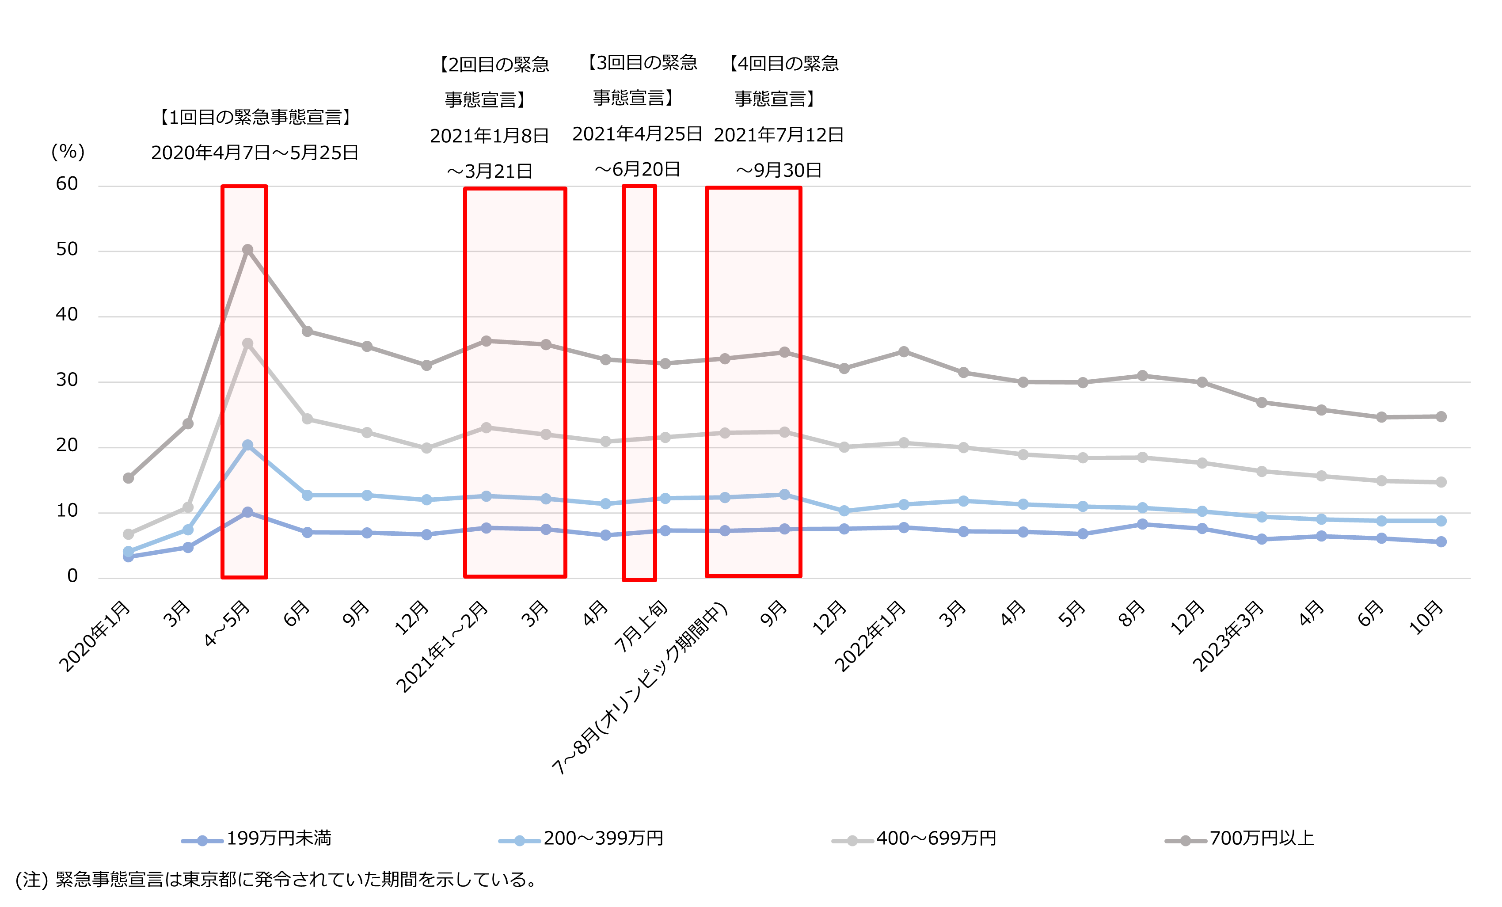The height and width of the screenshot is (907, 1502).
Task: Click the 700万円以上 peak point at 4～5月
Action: click(x=247, y=250)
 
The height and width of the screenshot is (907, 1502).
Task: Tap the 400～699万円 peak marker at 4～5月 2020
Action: click(x=247, y=344)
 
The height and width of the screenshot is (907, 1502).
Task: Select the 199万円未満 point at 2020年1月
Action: click(x=128, y=556)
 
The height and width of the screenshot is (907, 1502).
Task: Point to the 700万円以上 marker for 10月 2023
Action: click(x=1441, y=417)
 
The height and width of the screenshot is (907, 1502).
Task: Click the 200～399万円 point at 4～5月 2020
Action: click(x=247, y=446)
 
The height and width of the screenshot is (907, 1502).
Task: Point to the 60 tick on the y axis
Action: click(x=67, y=184)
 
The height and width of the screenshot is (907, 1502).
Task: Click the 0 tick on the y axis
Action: click(x=72, y=576)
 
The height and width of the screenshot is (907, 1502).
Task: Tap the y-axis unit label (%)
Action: click(x=68, y=152)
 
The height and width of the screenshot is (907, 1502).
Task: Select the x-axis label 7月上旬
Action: click(x=641, y=626)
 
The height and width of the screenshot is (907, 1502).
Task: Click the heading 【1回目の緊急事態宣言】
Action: click(x=255, y=117)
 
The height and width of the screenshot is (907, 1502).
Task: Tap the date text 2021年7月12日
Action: click(x=779, y=135)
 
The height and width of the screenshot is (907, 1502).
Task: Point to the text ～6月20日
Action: click(x=637, y=169)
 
